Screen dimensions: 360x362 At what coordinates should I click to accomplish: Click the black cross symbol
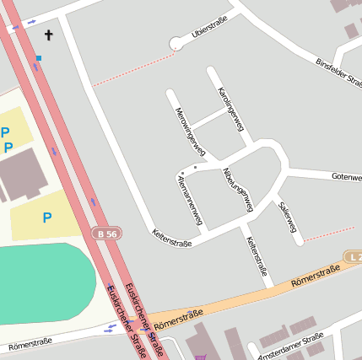click(48, 35)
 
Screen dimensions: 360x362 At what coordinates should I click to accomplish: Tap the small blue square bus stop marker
click(39, 58)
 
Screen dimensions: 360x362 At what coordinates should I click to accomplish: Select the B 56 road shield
click(105, 233)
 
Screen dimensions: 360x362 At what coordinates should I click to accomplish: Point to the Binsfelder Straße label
click(338, 74)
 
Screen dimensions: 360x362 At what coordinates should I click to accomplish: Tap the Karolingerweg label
click(230, 110)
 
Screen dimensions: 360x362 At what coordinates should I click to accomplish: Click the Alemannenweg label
click(190, 200)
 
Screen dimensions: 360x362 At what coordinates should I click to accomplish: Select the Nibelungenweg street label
click(237, 188)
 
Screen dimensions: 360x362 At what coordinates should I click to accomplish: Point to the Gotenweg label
click(346, 177)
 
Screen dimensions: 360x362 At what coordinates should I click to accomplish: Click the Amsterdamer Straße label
click(291, 346)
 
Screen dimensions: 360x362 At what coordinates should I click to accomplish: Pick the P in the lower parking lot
click(47, 218)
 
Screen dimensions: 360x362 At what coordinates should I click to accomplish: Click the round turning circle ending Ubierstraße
click(176, 44)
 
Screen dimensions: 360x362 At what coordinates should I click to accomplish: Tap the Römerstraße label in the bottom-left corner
click(30, 344)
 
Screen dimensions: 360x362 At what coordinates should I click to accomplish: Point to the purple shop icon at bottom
click(200, 357)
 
